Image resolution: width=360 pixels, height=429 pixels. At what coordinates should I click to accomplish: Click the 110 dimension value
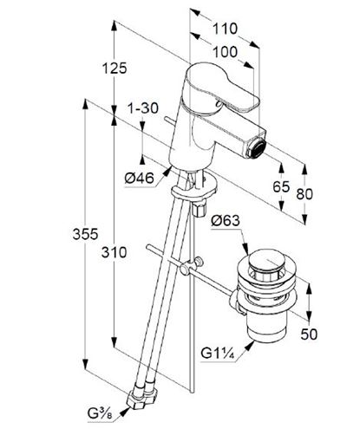coord(225,29)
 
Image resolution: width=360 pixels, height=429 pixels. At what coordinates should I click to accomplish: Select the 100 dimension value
coord(225,52)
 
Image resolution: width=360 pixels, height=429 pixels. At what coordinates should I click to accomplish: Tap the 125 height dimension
coord(115,68)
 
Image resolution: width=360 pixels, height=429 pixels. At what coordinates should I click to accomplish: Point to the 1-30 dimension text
coord(143,108)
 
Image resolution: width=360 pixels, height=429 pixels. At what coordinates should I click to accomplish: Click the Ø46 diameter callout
coord(140,179)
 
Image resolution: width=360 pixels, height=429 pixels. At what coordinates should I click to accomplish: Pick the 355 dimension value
coord(85,234)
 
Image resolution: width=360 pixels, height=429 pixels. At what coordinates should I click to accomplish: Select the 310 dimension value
coord(114,252)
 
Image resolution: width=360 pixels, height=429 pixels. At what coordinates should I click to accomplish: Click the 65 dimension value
coord(281,187)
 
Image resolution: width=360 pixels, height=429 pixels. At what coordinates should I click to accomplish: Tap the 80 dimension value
coord(304,194)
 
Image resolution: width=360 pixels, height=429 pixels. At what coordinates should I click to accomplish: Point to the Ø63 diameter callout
coord(226,221)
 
